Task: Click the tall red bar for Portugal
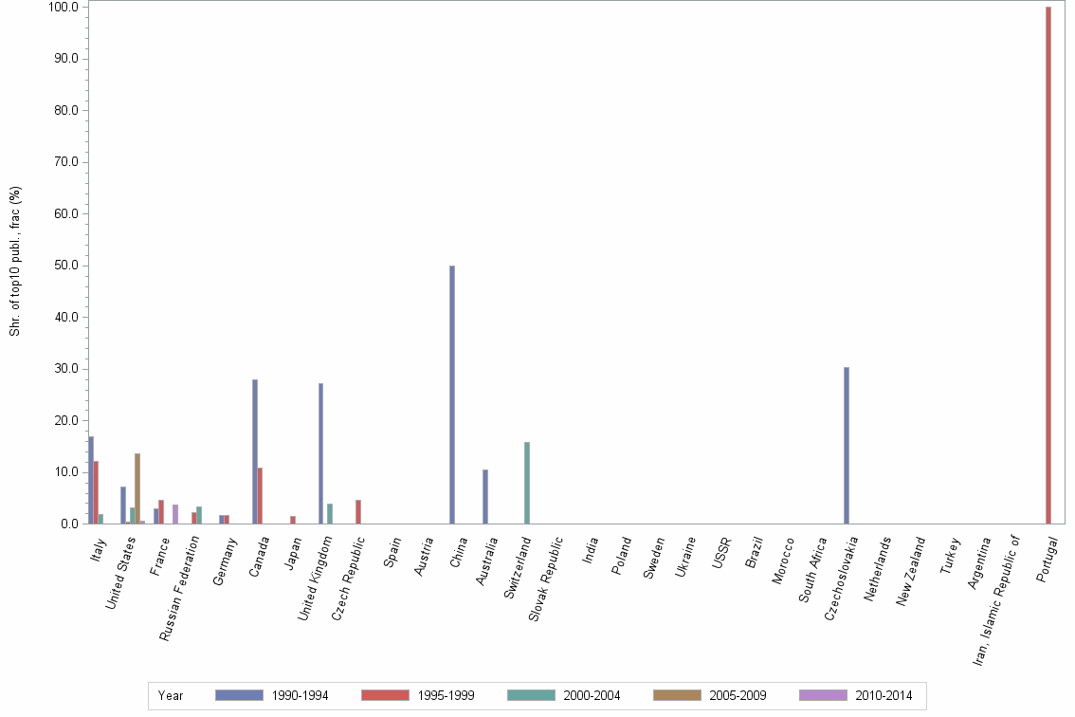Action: (x=1048, y=266)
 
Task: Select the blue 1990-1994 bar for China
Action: (x=452, y=395)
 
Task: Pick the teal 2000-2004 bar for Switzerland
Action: (x=527, y=483)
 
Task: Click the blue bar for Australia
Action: (x=485, y=497)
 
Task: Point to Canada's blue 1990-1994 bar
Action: (x=255, y=451)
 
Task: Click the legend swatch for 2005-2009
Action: (x=677, y=695)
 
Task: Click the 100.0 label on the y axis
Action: (x=67, y=7)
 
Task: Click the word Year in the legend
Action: (x=171, y=696)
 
